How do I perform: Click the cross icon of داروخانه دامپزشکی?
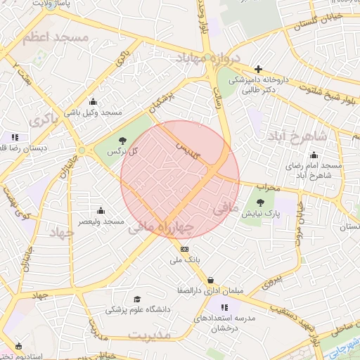pyautogui.click(x=259, y=69)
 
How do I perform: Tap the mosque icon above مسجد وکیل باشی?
pyautogui.click(x=93, y=101)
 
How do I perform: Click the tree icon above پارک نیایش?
pyautogui.click(x=250, y=202)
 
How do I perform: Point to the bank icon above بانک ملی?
pyautogui.click(x=185, y=249)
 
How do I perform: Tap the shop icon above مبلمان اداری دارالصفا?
pyautogui.click(x=211, y=280)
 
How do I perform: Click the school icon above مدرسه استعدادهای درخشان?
pyautogui.click(x=224, y=307)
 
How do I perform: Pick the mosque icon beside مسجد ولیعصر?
pyautogui.click(x=101, y=210)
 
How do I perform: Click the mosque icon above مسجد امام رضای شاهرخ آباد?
pyautogui.click(x=314, y=155)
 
